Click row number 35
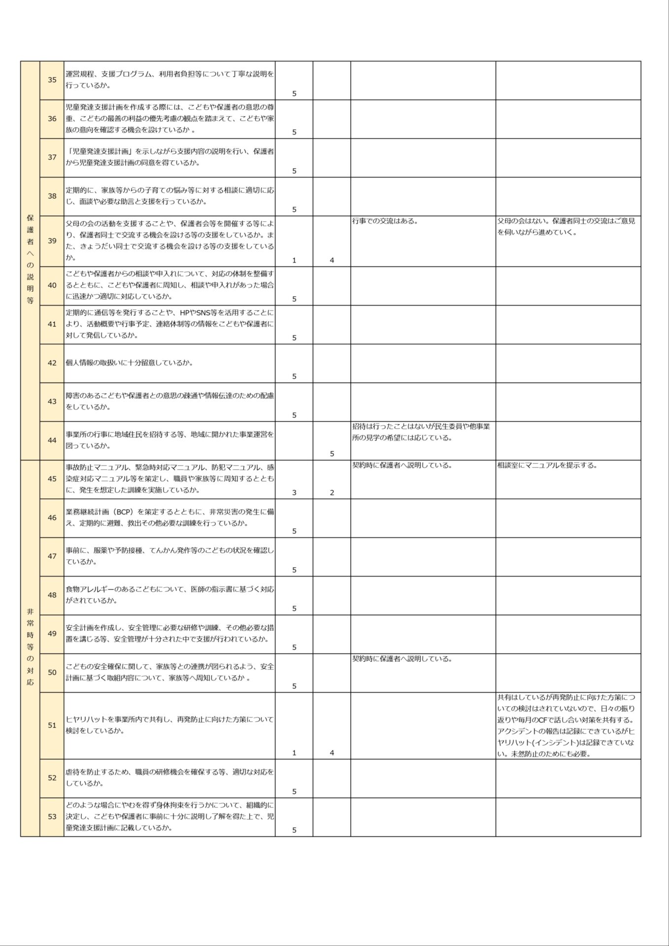52,80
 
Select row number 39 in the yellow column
52,241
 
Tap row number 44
52,440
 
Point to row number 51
52,725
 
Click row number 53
52,816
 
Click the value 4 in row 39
332,260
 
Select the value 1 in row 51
294,753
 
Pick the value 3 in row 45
294,492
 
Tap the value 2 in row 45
332,492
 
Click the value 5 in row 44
332,453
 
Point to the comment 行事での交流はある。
385,221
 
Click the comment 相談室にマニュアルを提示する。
547,465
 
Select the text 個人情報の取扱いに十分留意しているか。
129,363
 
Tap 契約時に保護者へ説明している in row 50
402,659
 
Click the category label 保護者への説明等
30,259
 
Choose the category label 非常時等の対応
30,646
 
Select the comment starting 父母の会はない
566,227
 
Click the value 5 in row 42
294,376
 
